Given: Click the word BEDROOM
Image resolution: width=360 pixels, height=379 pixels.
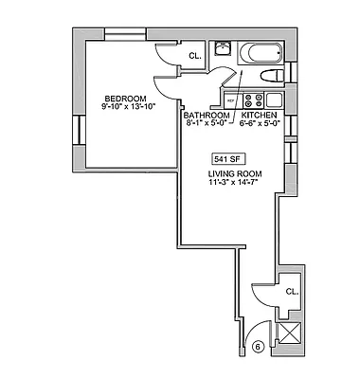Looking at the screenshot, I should pyautogui.click(x=124, y=99).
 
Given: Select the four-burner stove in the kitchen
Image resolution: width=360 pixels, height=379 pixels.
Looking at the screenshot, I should pyautogui.click(x=253, y=99).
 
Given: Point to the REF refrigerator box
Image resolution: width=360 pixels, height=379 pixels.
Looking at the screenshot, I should pyautogui.click(x=230, y=99).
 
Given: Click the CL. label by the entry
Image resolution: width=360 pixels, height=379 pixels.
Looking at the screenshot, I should pyautogui.click(x=292, y=292).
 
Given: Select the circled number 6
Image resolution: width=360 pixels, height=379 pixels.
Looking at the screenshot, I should pyautogui.click(x=257, y=348).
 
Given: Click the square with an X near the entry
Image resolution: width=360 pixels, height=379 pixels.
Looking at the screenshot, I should pyautogui.click(x=290, y=334).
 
